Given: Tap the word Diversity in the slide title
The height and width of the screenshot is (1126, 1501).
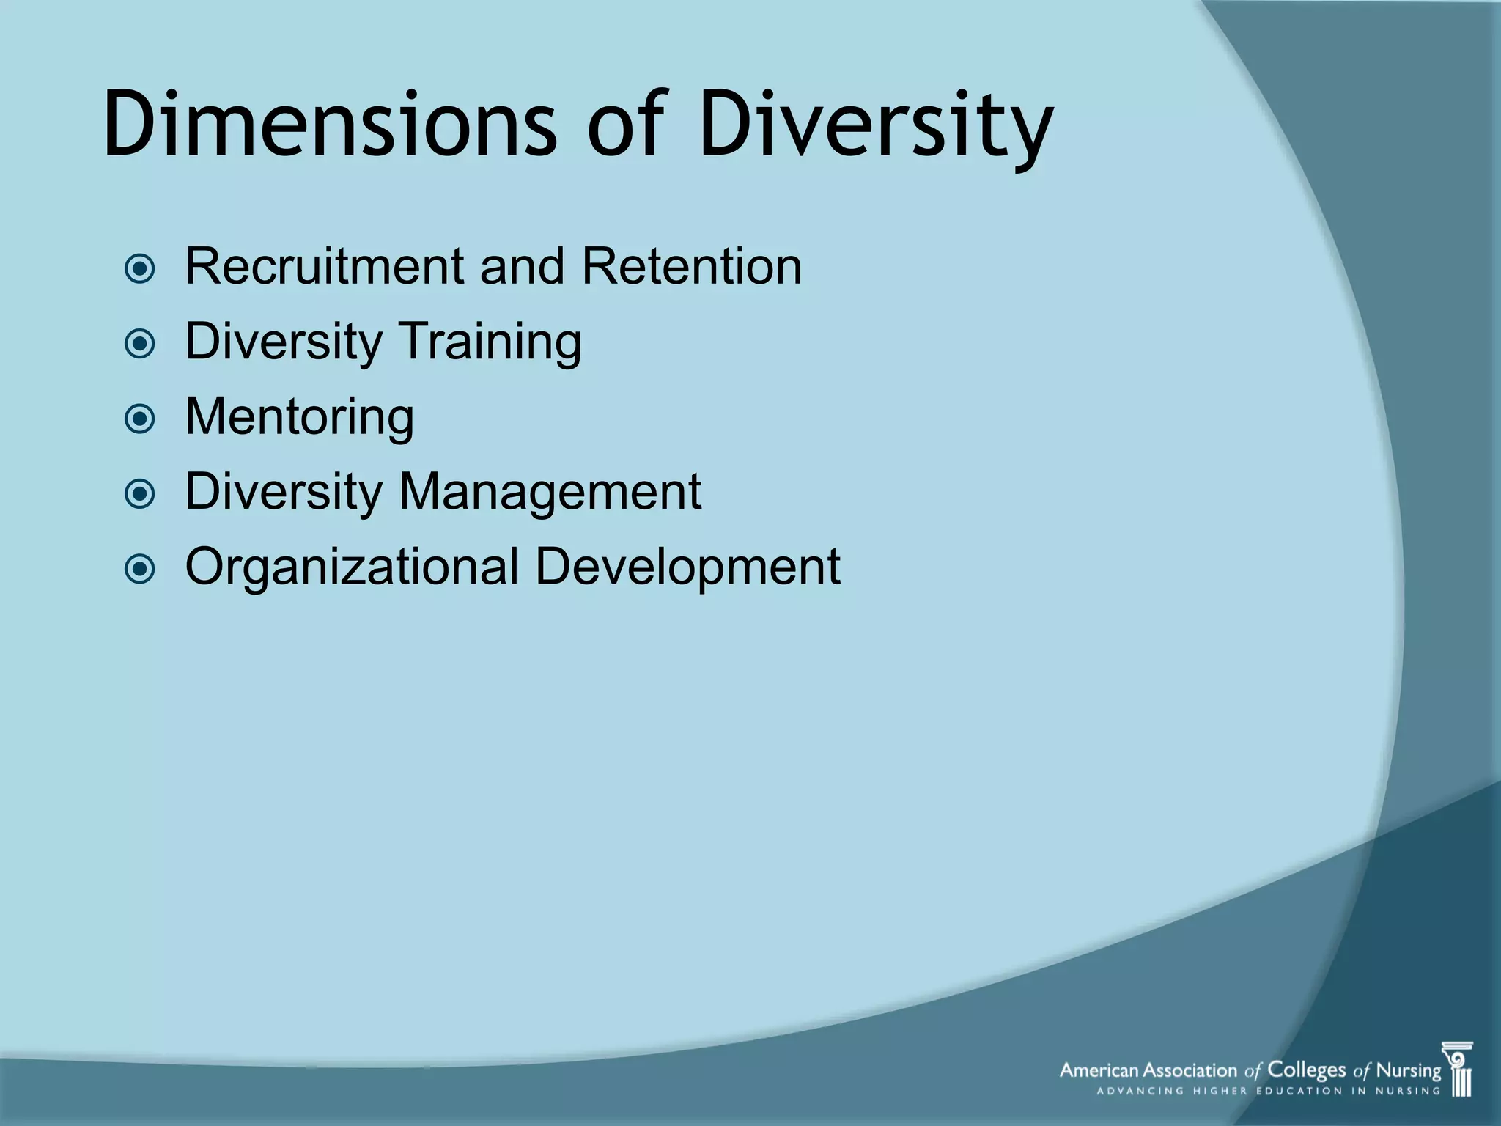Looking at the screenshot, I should click(x=876, y=125).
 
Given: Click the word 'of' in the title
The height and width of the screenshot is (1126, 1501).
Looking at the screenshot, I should click(x=627, y=125).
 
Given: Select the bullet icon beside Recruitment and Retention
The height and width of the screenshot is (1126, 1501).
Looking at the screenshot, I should click(x=140, y=269).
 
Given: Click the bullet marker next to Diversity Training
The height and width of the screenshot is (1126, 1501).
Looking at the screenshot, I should click(x=140, y=344).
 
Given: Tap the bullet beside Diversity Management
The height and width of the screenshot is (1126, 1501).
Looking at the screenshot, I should click(x=140, y=494).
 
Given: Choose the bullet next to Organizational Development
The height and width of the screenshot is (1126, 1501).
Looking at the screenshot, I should click(x=140, y=569).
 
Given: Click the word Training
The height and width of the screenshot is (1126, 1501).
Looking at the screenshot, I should click(x=490, y=342).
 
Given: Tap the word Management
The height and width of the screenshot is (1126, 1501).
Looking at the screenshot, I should click(x=549, y=493).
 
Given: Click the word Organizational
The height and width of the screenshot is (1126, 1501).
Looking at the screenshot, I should click(x=352, y=567).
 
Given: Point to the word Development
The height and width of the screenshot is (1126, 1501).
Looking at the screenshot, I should click(x=687, y=567).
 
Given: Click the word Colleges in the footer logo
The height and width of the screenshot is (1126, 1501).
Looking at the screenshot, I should click(x=1307, y=1071).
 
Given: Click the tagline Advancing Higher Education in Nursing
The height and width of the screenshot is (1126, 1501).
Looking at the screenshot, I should click(x=1268, y=1092).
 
